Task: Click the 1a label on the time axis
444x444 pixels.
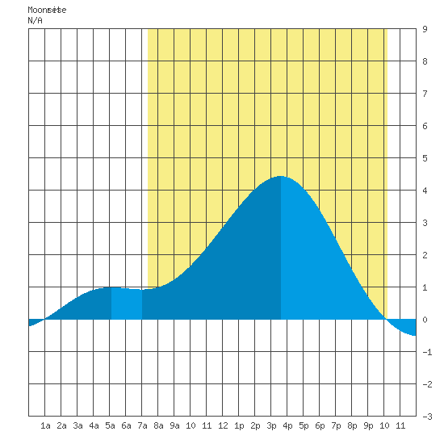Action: point(45,425)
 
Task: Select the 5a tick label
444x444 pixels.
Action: point(110,425)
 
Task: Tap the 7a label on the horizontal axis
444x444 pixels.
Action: point(142,425)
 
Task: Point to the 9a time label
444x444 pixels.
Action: point(174,425)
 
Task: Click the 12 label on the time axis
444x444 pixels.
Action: point(223,425)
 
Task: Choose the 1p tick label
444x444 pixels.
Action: point(239,425)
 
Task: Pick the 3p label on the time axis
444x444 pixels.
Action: point(271,425)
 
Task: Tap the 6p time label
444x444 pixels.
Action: point(320,425)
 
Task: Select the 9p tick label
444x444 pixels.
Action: point(368,425)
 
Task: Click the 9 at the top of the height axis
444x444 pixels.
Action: point(425,29)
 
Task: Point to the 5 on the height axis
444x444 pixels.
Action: point(425,158)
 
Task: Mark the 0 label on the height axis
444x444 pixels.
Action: point(425,320)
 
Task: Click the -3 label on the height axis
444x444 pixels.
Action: point(427,417)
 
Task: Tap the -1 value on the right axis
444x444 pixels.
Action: point(427,352)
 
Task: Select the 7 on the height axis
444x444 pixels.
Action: point(425,94)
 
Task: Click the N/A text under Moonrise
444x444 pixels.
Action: point(35,20)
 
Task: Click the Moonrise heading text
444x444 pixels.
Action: point(47,10)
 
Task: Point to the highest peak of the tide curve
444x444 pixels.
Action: point(280,176)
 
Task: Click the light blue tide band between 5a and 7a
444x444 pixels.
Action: point(127,304)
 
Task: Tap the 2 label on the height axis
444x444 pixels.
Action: point(425,255)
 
